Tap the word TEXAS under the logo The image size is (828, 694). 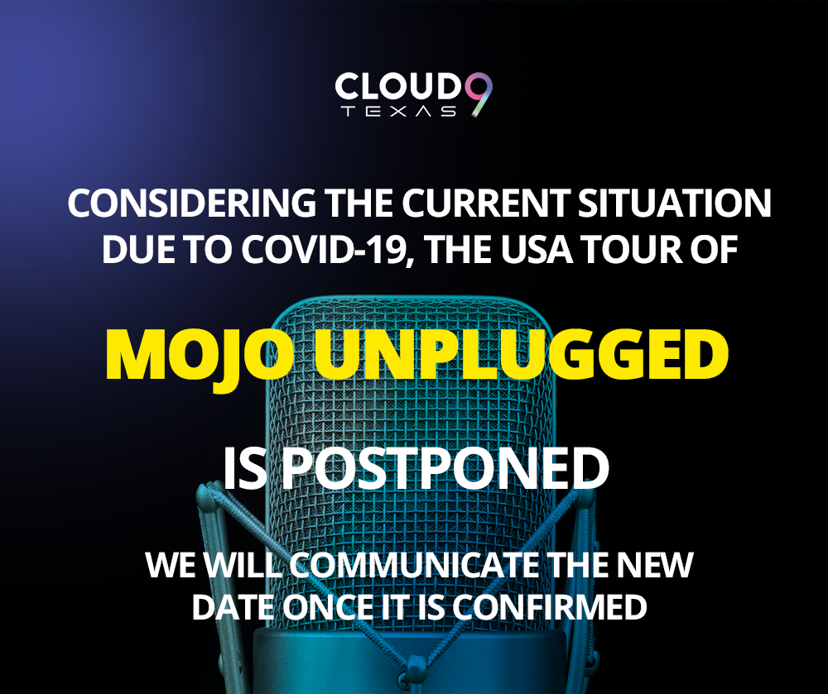point(399,112)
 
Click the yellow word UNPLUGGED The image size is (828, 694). point(521,354)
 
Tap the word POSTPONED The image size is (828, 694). point(445,469)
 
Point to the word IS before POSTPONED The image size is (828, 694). point(244,469)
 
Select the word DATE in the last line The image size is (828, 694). point(237,607)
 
